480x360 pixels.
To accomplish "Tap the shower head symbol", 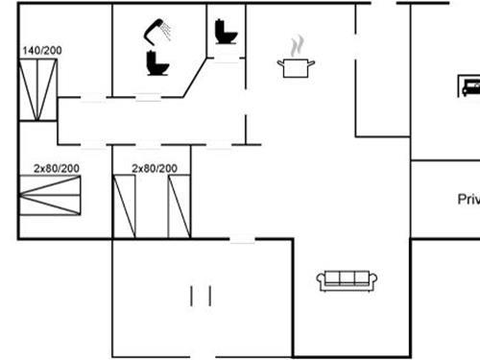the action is (154, 32).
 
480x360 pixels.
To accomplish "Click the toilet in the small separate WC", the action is (227, 33).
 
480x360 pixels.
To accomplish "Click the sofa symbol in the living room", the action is (348, 279).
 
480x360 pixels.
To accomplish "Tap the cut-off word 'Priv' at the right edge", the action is (468, 200).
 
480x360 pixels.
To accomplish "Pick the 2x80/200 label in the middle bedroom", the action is (155, 168).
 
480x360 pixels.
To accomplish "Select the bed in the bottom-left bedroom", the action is (51, 199).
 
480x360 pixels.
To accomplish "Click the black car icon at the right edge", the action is (469, 87).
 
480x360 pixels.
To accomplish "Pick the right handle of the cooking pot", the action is (314, 62).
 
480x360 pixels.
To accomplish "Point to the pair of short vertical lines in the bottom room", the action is (201, 295).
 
